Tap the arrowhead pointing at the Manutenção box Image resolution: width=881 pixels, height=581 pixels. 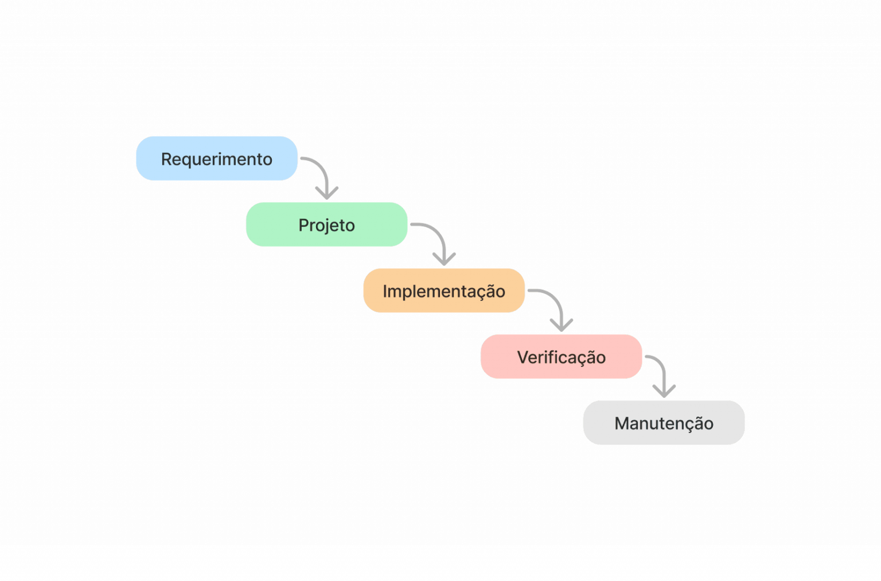[664, 392]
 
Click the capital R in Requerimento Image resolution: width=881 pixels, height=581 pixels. [166, 159]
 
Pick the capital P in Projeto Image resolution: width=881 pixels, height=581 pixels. [303, 225]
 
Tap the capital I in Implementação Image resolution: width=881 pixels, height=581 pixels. [385, 291]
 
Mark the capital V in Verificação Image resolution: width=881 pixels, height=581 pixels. [523, 357]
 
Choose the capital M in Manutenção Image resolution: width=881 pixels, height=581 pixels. [621, 423]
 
